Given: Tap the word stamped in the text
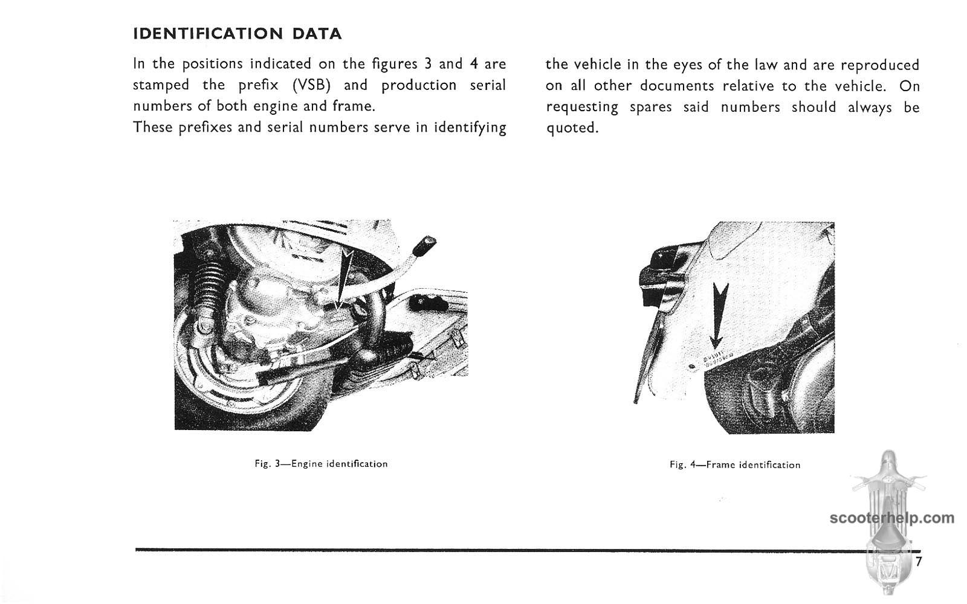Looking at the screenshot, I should click(161, 85).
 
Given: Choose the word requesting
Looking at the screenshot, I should click(582, 108).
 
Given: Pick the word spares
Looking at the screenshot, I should click(650, 108).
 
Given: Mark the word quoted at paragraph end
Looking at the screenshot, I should click(572, 129).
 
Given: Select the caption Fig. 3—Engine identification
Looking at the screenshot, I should click(321, 464).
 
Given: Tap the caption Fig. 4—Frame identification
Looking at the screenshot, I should click(735, 464).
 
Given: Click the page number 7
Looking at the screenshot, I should click(919, 562).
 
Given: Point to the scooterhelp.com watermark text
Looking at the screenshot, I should click(892, 518).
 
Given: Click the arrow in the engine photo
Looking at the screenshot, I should click(343, 272).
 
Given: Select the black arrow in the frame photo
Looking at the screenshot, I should click(719, 317).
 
